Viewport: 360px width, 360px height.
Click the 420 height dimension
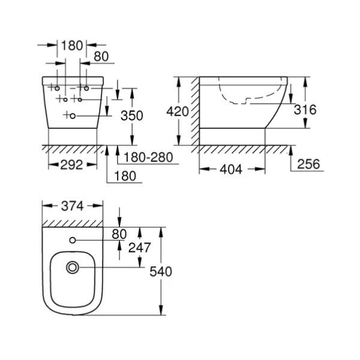178,112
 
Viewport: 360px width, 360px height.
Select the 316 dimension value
305,110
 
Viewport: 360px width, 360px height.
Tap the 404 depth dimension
231,169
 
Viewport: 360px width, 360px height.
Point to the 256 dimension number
308,164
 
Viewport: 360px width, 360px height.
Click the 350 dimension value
132,115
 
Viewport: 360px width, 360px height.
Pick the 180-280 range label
148,157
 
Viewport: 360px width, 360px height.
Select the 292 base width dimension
71,165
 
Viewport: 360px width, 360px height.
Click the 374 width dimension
73,206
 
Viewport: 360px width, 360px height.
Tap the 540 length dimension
161,272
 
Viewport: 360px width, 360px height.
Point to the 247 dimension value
139,248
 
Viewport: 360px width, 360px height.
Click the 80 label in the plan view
119,234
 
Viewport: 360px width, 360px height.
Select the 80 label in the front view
101,56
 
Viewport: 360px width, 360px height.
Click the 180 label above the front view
72,46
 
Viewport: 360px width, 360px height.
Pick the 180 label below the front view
125,176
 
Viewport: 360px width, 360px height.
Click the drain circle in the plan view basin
73,268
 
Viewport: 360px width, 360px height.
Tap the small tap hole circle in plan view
73,240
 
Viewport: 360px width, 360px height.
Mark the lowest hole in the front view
73,116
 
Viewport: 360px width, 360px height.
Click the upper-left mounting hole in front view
57,88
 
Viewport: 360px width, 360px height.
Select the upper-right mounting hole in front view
86,88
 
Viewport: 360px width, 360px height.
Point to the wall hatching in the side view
195,111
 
